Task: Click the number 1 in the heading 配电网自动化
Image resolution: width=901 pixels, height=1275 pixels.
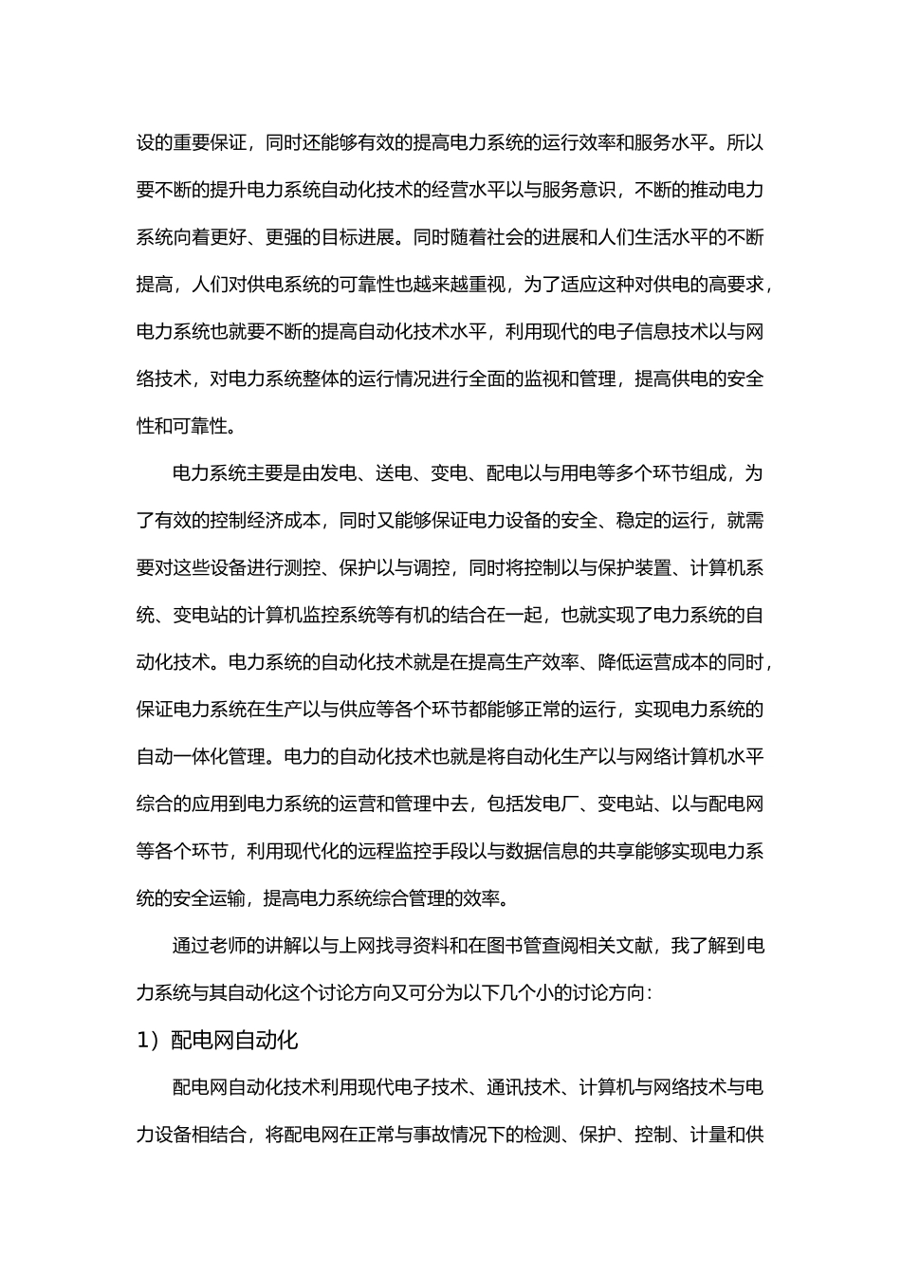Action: pos(142,1041)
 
